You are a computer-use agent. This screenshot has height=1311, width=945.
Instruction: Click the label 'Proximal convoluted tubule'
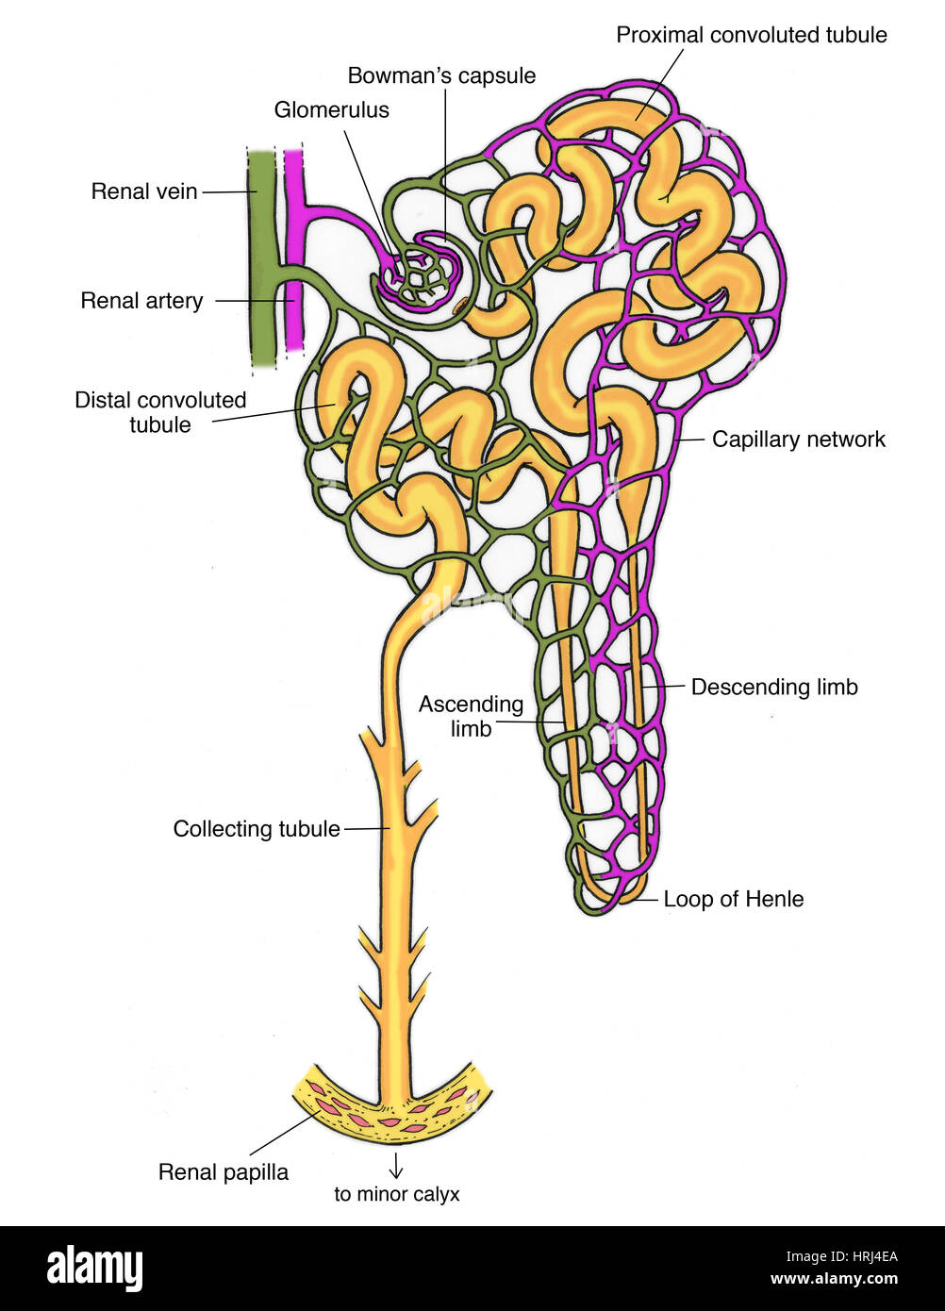[x=751, y=36]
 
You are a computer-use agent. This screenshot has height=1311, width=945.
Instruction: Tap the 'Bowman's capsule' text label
[x=441, y=76]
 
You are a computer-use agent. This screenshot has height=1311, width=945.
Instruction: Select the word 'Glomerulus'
[x=331, y=110]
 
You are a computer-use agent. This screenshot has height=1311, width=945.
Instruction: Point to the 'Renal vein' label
[x=144, y=191]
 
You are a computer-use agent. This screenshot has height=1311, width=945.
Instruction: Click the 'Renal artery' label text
[x=141, y=301]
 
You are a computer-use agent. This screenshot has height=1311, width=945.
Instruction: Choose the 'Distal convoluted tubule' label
[x=160, y=412]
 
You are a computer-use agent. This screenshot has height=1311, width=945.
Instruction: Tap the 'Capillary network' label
[x=798, y=440]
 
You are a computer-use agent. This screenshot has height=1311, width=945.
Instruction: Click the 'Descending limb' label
[x=774, y=688]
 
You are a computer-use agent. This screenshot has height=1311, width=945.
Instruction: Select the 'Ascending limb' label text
[x=471, y=717]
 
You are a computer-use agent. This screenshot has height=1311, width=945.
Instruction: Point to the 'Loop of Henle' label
[x=733, y=899]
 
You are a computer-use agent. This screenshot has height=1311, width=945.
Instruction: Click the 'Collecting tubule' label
[x=257, y=829]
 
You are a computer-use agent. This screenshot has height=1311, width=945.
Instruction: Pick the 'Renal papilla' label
[x=224, y=1172]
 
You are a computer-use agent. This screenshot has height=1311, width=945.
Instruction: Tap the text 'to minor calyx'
[x=396, y=1194]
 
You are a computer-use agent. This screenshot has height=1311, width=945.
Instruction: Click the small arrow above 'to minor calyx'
[x=396, y=1167]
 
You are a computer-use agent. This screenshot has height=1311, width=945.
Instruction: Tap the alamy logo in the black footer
[x=94, y=1269]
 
